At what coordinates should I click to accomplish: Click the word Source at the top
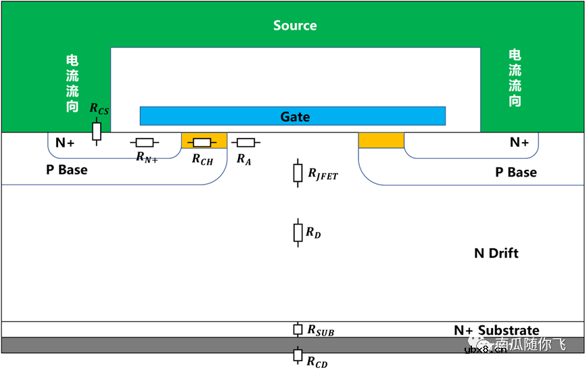tap(295, 26)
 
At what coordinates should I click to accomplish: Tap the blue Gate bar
tap(293, 116)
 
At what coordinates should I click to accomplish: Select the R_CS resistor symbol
tap(97, 131)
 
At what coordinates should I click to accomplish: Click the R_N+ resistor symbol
tap(145, 143)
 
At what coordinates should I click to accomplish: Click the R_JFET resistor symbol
tap(297, 172)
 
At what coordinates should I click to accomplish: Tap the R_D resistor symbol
tap(297, 232)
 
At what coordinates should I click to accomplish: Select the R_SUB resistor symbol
tap(297, 329)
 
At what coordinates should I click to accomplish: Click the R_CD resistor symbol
tap(297, 355)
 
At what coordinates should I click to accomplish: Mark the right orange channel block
tap(381, 140)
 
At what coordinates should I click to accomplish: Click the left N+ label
tap(65, 143)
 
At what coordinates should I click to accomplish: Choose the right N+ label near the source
tap(519, 143)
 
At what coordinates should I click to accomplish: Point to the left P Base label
tap(66, 170)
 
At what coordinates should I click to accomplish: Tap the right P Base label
tap(516, 172)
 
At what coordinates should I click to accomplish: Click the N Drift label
tap(496, 253)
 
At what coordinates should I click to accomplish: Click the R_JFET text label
tap(323, 175)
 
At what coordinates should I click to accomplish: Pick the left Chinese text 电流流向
tap(72, 83)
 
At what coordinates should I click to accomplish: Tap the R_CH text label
tap(202, 159)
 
